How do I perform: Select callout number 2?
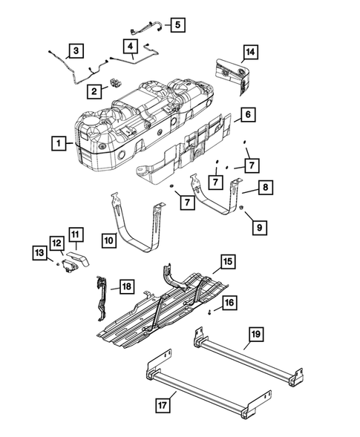pos(94,91)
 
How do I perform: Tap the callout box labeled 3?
pos(75,51)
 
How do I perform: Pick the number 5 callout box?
pos(177,24)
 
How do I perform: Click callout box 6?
pos(248,115)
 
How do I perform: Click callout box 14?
pos(251,51)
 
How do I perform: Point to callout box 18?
pos(125,286)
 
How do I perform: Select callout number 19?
pos(255,335)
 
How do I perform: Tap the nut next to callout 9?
pos(243,204)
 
